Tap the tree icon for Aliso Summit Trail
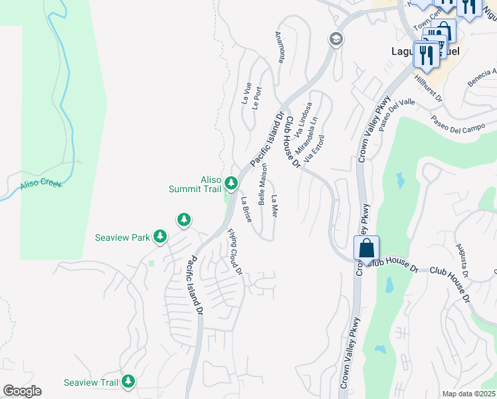(x=231, y=182)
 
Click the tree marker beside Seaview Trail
(x=128, y=382)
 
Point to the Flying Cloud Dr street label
(x=236, y=252)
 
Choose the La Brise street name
(x=247, y=209)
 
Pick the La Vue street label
(x=247, y=93)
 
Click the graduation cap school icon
(x=336, y=39)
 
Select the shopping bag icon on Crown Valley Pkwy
(x=366, y=249)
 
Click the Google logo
(x=22, y=391)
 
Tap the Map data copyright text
(x=468, y=394)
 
